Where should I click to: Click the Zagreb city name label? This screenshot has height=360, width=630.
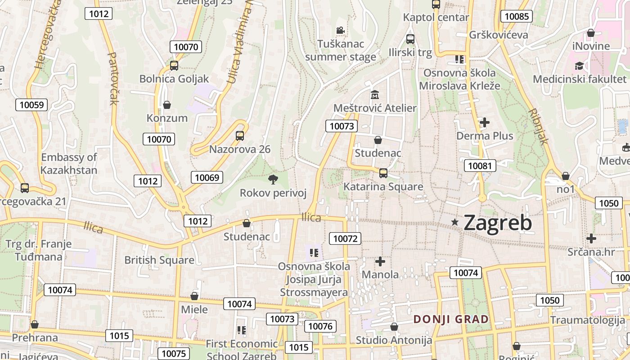[x=497, y=222]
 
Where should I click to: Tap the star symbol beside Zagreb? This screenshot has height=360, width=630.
[x=455, y=222]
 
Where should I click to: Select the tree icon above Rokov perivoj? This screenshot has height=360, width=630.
[x=273, y=180]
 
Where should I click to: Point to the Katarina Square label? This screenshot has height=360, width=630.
[x=383, y=186]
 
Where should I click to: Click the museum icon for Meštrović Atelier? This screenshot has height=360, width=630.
[x=374, y=95]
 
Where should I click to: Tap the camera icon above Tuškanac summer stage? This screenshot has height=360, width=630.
[x=340, y=31]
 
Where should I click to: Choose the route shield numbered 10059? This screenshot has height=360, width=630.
[x=31, y=105]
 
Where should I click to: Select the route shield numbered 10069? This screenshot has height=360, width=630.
[x=207, y=177]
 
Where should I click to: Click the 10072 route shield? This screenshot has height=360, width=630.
[x=345, y=238]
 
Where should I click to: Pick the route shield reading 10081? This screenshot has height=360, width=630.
[x=480, y=166]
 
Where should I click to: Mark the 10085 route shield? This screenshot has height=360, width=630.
[x=517, y=17]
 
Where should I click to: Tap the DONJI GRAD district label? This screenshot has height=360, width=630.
[x=451, y=319]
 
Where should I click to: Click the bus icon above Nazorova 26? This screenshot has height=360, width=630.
[x=240, y=135]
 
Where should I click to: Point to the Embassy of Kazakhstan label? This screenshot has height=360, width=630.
[x=69, y=164]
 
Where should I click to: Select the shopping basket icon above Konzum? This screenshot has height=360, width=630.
[x=167, y=105]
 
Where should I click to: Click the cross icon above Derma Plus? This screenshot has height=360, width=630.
[x=485, y=122]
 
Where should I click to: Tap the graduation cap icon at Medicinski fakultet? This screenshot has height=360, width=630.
[x=579, y=66]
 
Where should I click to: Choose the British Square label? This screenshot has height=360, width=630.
[x=159, y=260]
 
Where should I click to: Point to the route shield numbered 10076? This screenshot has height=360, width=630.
[x=320, y=326]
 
